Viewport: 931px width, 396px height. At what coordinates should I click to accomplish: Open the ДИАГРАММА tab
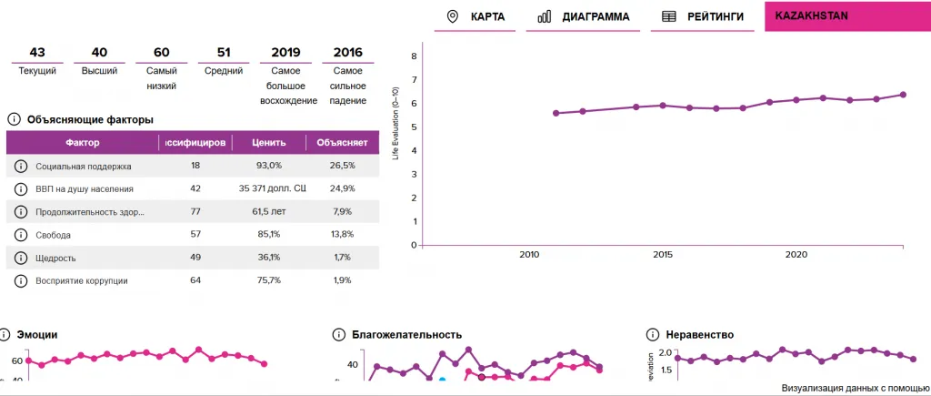(584, 16)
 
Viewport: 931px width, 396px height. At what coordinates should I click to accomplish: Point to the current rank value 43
(37, 52)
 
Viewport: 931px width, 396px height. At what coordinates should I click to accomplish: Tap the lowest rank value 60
(161, 52)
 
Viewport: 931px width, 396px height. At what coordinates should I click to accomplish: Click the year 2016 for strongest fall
(347, 52)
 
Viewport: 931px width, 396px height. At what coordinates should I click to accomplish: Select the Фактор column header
(83, 143)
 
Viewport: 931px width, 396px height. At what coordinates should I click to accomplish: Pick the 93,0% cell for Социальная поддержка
(269, 166)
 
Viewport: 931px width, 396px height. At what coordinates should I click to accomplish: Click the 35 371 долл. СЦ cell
(269, 188)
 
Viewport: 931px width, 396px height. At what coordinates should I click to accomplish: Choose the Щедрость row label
(55, 258)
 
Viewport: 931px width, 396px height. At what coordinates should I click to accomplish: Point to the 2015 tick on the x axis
(663, 255)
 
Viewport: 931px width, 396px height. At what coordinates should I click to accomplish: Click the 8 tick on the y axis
(414, 56)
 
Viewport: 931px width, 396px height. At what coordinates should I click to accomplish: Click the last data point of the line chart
(903, 95)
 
